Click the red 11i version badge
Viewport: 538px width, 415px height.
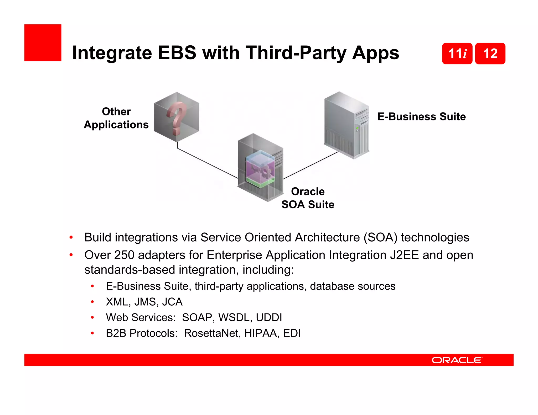(x=457, y=54)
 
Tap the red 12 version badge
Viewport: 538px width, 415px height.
(x=490, y=54)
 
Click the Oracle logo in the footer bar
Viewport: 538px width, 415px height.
(x=457, y=360)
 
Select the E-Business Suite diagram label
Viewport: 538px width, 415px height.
(x=421, y=116)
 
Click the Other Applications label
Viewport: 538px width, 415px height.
(x=116, y=118)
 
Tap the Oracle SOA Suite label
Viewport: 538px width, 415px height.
(x=308, y=198)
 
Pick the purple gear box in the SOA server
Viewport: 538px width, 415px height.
(x=260, y=170)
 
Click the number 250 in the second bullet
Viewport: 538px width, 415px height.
(x=124, y=255)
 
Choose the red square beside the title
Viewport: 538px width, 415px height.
(x=43, y=43)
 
